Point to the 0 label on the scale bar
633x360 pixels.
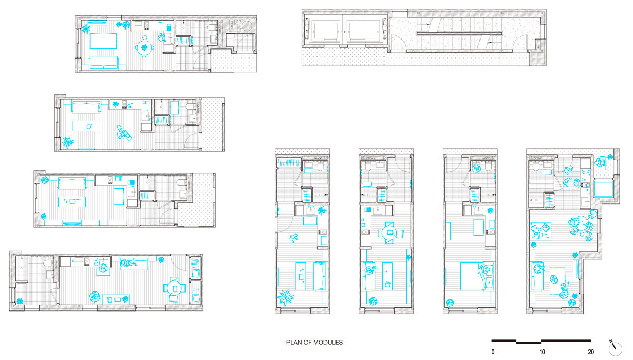[x=493, y=352]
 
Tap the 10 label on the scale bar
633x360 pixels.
[x=542, y=352]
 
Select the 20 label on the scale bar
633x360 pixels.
[x=591, y=352]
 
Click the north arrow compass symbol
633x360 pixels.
[x=615, y=348]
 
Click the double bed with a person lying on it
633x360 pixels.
[x=477, y=276]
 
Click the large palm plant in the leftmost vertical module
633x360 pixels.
[x=285, y=298]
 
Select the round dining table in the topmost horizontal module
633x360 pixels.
[x=145, y=47]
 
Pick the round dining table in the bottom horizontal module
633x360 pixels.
[x=175, y=288]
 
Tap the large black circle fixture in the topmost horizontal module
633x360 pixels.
[x=247, y=26]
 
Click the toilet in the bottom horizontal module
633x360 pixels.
[x=49, y=264]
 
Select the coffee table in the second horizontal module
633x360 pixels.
[x=86, y=126]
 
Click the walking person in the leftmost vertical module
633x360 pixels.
[x=294, y=238]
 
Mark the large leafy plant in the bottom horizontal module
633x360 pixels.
[x=94, y=297]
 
